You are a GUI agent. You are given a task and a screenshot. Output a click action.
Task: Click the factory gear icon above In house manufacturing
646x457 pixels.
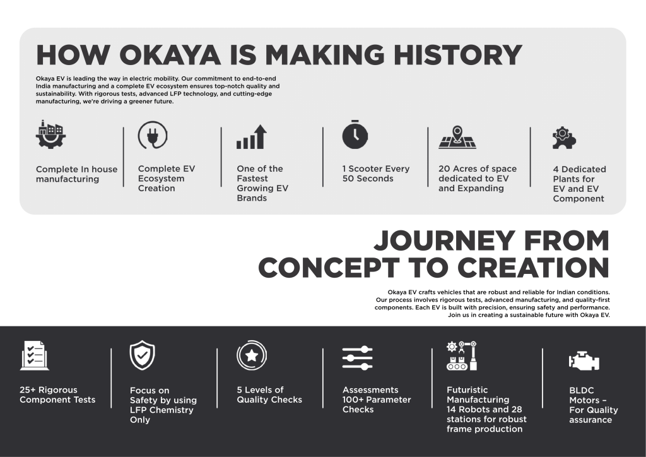[50, 134]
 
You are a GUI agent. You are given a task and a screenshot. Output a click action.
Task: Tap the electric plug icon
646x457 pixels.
[153, 134]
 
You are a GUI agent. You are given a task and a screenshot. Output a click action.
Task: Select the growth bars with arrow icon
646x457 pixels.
[252, 137]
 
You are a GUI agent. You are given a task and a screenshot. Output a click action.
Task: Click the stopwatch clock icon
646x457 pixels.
[355, 134]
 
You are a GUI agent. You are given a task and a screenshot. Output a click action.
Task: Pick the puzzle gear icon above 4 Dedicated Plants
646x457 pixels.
[564, 138]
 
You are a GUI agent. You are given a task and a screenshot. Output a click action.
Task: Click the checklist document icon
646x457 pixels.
[34, 355]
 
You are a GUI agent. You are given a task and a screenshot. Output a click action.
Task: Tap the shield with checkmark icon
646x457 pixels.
[142, 355]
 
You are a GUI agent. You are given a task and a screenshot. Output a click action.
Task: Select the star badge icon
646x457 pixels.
[252, 355]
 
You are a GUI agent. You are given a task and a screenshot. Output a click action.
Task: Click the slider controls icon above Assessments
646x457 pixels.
[358, 358]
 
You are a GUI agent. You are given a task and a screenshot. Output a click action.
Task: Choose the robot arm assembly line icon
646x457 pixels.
[461, 355]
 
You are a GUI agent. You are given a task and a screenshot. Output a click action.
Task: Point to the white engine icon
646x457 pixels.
[584, 361]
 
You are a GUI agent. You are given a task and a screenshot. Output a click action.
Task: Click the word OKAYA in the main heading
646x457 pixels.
[170, 55]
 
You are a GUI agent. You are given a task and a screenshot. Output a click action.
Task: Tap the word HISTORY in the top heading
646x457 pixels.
[458, 55]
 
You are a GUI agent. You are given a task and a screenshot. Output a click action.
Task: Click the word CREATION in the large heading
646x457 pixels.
[533, 268]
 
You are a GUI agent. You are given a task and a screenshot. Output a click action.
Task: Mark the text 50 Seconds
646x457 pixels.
[368, 179]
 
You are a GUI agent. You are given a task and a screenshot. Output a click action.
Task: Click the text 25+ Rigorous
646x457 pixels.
[49, 390]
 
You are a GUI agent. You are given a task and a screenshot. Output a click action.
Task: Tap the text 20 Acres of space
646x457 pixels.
[478, 169]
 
